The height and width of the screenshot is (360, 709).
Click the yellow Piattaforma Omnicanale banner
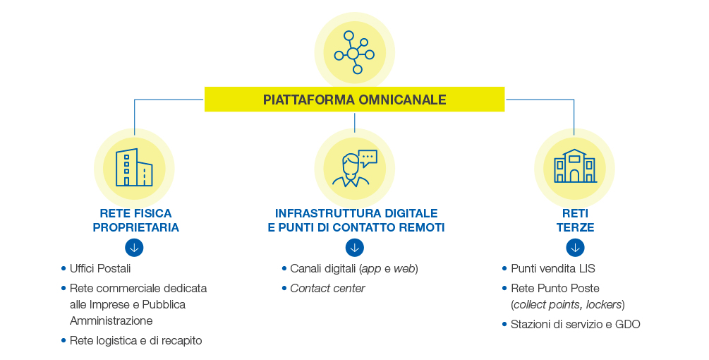354,99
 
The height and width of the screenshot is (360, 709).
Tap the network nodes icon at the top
354,52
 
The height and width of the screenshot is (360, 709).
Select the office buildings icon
134,167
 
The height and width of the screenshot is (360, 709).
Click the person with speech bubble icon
354,168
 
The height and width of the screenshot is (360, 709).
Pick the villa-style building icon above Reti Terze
575,166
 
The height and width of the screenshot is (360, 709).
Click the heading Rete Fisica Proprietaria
135,220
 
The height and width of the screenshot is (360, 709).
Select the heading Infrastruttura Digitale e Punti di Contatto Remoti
356,220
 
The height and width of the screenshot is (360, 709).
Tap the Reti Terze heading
575,220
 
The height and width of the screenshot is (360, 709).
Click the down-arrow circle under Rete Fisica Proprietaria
134,247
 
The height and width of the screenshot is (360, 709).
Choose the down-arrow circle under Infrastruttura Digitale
354,247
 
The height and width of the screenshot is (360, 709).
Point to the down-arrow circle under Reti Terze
575,247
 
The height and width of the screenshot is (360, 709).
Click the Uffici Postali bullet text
100,269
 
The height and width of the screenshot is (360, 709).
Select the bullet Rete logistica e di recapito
135,340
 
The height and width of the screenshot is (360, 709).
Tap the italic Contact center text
327,289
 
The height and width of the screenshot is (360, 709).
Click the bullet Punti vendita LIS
552,269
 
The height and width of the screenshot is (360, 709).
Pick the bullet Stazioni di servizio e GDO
575,324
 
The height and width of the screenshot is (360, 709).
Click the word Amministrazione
111,320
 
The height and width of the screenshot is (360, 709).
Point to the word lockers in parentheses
604,305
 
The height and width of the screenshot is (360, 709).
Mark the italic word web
404,269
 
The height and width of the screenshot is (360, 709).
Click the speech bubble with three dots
367,158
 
